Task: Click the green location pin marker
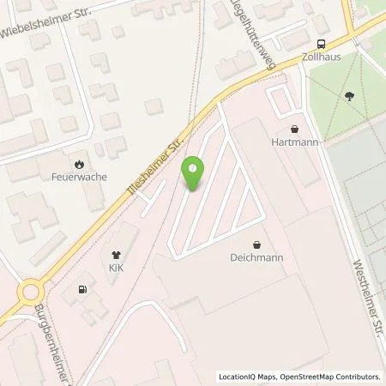click(195, 175)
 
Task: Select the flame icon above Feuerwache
click(79, 165)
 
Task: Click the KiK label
click(115, 269)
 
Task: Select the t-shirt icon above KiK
click(115, 254)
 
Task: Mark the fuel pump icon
click(82, 289)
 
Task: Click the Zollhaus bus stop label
click(321, 59)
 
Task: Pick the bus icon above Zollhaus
click(321, 45)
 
